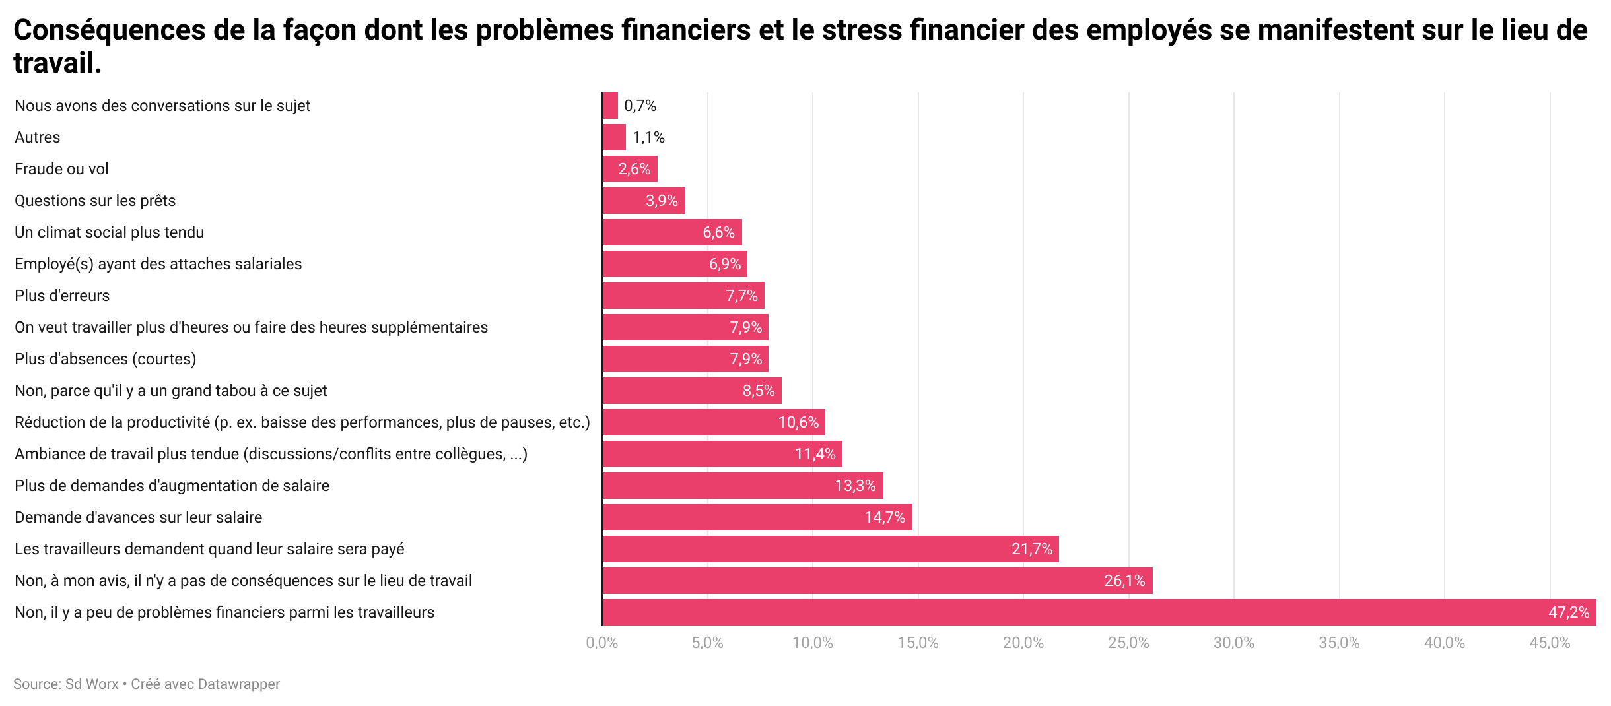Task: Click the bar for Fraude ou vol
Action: click(629, 169)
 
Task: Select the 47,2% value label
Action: click(1568, 612)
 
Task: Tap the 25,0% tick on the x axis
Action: click(1128, 643)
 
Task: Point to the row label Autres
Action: click(38, 137)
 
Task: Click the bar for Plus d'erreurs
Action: click(683, 296)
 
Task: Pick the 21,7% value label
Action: click(1031, 549)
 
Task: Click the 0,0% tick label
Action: click(601, 643)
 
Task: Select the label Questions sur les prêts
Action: click(95, 201)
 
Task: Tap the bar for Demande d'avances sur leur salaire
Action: click(757, 517)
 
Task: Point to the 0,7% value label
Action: click(640, 106)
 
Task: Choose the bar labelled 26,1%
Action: click(877, 581)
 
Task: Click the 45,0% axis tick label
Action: click(1550, 643)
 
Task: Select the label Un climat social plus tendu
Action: click(110, 232)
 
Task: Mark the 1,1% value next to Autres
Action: click(648, 137)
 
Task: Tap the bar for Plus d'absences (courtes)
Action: click(685, 359)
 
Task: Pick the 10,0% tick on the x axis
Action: click(812, 643)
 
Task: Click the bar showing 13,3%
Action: click(742, 486)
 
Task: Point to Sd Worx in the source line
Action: click(92, 684)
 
